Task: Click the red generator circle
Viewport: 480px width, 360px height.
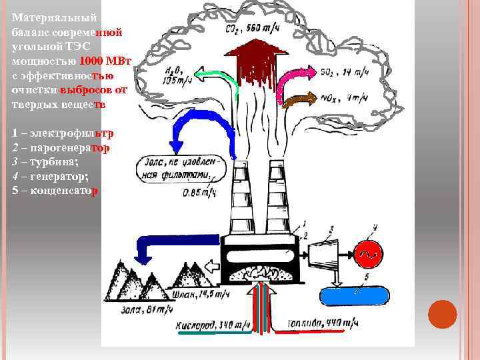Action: point(367,251)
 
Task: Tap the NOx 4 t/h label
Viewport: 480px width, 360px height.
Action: point(347,99)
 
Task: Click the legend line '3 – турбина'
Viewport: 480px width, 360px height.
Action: point(45,162)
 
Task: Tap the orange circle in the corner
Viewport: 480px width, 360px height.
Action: point(442,315)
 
